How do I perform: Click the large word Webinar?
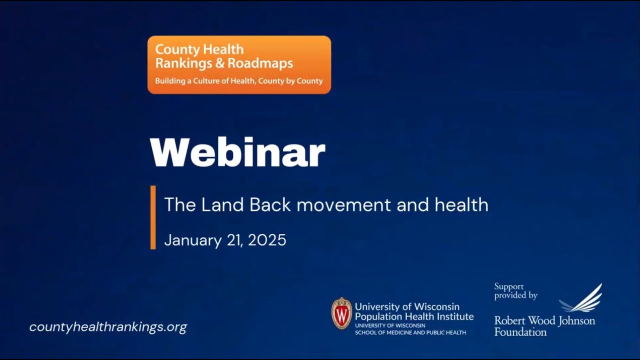pyautogui.click(x=237, y=152)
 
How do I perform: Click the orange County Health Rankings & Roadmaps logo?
pyautogui.click(x=239, y=64)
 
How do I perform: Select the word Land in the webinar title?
pyautogui.click(x=222, y=204)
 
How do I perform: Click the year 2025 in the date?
pyautogui.click(x=267, y=240)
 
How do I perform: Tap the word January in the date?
pyautogui.click(x=192, y=240)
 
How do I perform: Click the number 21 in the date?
pyautogui.click(x=234, y=240)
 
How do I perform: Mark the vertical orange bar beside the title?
pyautogui.click(x=153, y=217)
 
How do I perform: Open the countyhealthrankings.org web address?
pyautogui.click(x=108, y=327)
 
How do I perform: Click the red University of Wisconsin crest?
pyautogui.click(x=341, y=313)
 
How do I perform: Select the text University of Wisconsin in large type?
pyautogui.click(x=407, y=306)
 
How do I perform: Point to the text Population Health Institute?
pyautogui.click(x=414, y=316)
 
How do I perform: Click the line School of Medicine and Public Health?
pyautogui.click(x=410, y=332)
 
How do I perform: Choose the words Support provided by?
pyautogui.click(x=515, y=291)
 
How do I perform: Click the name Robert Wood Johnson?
pyautogui.click(x=544, y=320)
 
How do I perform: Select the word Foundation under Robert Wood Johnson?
pyautogui.click(x=520, y=331)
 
